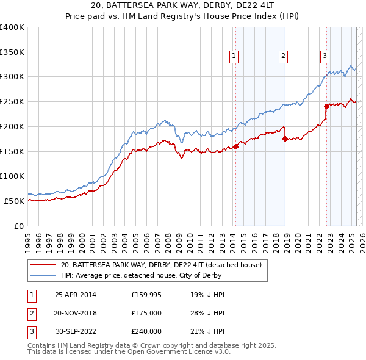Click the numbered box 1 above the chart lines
point(234,56)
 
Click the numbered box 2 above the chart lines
point(284,56)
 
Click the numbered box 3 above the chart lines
point(325,56)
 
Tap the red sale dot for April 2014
point(235,146)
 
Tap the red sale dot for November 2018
point(285,139)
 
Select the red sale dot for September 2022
point(326,106)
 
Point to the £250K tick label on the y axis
point(12,101)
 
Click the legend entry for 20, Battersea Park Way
point(161,265)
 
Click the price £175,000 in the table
point(146,314)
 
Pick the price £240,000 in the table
point(146,332)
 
